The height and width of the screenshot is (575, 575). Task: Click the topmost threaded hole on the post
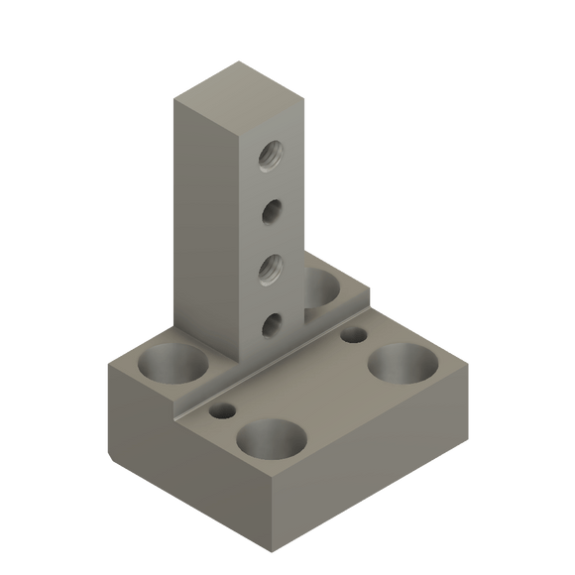pos(270,153)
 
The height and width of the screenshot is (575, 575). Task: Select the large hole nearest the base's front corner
pos(270,439)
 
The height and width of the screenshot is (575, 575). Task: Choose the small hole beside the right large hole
pos(353,336)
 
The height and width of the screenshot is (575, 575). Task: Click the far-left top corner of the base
pos(107,363)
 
